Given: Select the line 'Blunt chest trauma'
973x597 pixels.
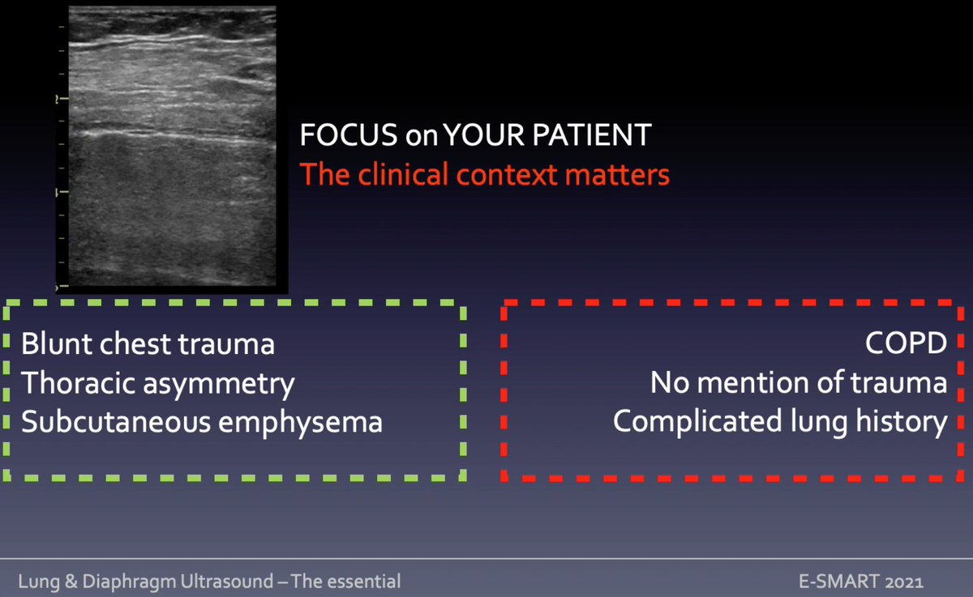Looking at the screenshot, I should [148, 344].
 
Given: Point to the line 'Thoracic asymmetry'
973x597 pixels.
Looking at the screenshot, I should [157, 383].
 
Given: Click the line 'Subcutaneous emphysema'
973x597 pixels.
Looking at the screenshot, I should [201, 422].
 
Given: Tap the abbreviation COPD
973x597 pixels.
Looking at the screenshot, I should [907, 343].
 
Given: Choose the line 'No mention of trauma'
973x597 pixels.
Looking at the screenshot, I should [799, 382].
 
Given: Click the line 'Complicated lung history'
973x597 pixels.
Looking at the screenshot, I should [780, 422].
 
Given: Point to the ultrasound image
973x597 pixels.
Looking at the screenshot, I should [172, 148].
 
